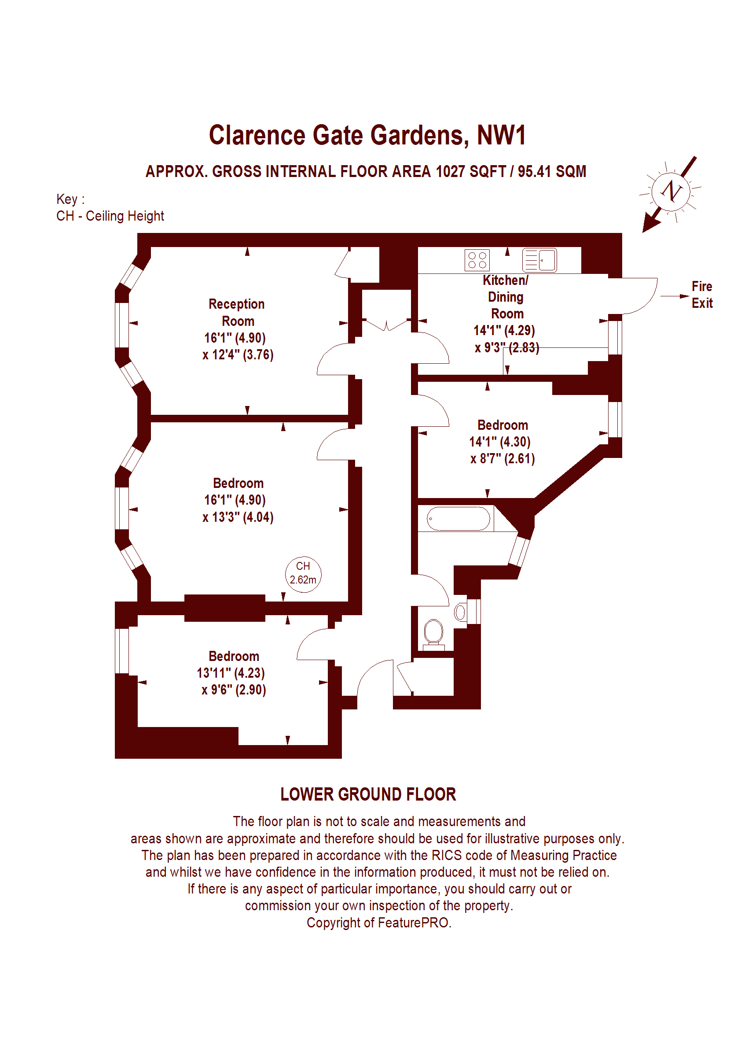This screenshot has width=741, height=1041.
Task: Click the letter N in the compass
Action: tap(671, 191)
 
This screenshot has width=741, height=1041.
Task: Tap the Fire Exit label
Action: tap(702, 295)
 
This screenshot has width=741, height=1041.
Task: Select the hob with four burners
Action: tap(477, 260)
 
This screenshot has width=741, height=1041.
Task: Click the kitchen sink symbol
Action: tap(539, 260)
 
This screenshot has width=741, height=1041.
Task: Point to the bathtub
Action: tap(458, 519)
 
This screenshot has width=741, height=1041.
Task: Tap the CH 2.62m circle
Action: tap(303, 574)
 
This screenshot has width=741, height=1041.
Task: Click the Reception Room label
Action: tap(237, 313)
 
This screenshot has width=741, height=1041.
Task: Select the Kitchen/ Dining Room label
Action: tap(506, 297)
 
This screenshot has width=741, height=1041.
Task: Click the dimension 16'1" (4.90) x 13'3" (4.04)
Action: tap(238, 509)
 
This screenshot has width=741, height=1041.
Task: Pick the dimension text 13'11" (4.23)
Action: tap(231, 673)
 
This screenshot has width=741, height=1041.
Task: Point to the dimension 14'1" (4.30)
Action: tap(500, 442)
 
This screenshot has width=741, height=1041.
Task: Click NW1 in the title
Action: tap(502, 135)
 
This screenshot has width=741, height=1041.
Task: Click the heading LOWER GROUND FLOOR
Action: tap(368, 794)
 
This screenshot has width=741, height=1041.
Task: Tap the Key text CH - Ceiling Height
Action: tap(110, 216)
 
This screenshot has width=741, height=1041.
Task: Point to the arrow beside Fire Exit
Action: tap(675, 296)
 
